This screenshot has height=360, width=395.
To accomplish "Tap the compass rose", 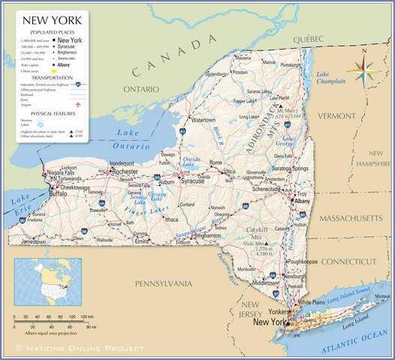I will (x=363, y=70).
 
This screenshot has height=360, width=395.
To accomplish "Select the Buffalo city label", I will (x=58, y=193).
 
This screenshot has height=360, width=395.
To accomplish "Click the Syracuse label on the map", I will (x=193, y=181).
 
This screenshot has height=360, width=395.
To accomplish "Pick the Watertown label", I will (x=202, y=120).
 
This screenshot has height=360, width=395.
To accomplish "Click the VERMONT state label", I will (x=337, y=116).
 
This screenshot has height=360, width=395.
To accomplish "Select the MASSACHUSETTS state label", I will (x=352, y=217).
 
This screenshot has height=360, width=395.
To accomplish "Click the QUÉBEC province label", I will (x=307, y=38).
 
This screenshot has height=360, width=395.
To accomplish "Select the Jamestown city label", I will (x=34, y=242).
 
